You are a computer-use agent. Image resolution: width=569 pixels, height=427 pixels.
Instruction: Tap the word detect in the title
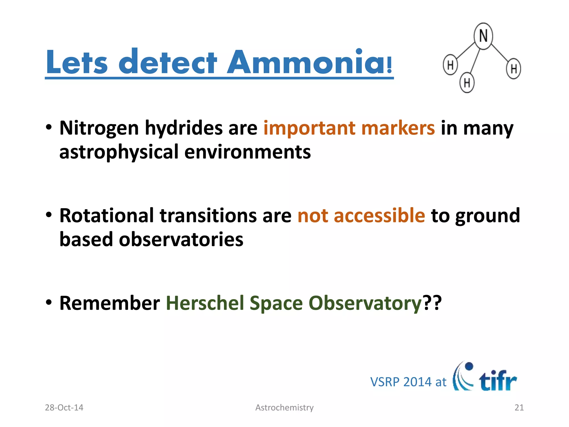tap(168, 62)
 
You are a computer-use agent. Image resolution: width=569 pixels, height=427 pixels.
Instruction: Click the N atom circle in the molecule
tap(483, 36)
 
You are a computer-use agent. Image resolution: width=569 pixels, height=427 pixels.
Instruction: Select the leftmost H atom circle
tap(450, 65)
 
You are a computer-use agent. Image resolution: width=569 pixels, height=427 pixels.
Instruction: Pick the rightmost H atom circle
tap(513, 68)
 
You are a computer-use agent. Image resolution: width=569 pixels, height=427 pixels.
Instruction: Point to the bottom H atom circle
tap(467, 83)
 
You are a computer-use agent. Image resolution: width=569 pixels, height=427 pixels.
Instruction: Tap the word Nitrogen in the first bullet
tap(99, 128)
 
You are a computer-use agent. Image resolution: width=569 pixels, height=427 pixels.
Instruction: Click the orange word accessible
tap(379, 215)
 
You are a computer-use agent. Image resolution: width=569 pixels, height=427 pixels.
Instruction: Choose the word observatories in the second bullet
tap(181, 240)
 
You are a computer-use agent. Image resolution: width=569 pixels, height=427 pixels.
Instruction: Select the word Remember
tap(109, 303)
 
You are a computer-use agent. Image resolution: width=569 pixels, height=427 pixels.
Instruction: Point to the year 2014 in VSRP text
tap(417, 382)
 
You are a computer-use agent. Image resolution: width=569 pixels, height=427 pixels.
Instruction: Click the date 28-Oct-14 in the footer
tap(64, 408)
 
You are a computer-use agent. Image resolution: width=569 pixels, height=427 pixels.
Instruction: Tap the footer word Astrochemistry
tap(284, 408)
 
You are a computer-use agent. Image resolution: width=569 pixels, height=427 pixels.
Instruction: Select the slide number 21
tap(519, 408)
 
